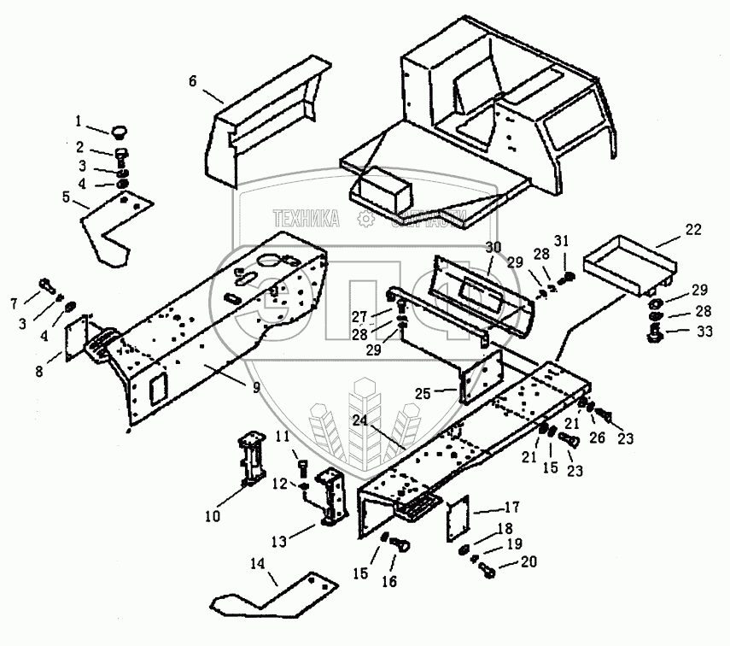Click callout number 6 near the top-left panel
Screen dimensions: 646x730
[193, 81]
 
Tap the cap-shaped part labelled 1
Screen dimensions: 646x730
[120, 131]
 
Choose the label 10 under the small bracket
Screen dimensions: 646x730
[212, 515]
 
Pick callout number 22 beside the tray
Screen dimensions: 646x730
[692, 229]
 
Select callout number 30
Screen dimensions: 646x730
[493, 248]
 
